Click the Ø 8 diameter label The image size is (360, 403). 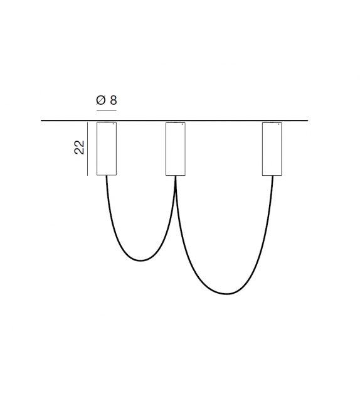click(x=107, y=100)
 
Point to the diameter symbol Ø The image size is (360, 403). click(x=100, y=100)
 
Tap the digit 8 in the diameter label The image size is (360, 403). click(x=114, y=100)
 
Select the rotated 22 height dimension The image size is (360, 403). click(x=80, y=148)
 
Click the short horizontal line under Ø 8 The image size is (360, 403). click(x=107, y=110)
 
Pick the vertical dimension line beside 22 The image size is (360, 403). click(x=88, y=149)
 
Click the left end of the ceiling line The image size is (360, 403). click(x=41, y=121)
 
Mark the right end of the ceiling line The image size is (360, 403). click(x=308, y=121)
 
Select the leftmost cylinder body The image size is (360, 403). click(x=107, y=149)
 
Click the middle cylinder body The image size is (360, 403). click(x=176, y=149)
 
